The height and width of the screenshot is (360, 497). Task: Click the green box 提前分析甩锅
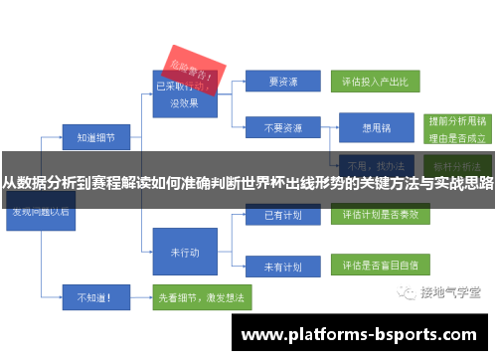[456, 119]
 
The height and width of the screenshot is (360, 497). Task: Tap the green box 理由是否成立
[456, 138]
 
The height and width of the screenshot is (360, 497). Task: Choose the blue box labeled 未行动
[184, 252]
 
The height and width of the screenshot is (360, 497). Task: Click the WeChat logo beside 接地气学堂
[407, 292]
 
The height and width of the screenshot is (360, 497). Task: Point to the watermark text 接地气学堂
[450, 293]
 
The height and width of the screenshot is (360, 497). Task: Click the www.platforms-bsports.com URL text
[360, 335]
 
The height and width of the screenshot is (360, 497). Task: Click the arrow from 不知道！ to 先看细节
[139, 295]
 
